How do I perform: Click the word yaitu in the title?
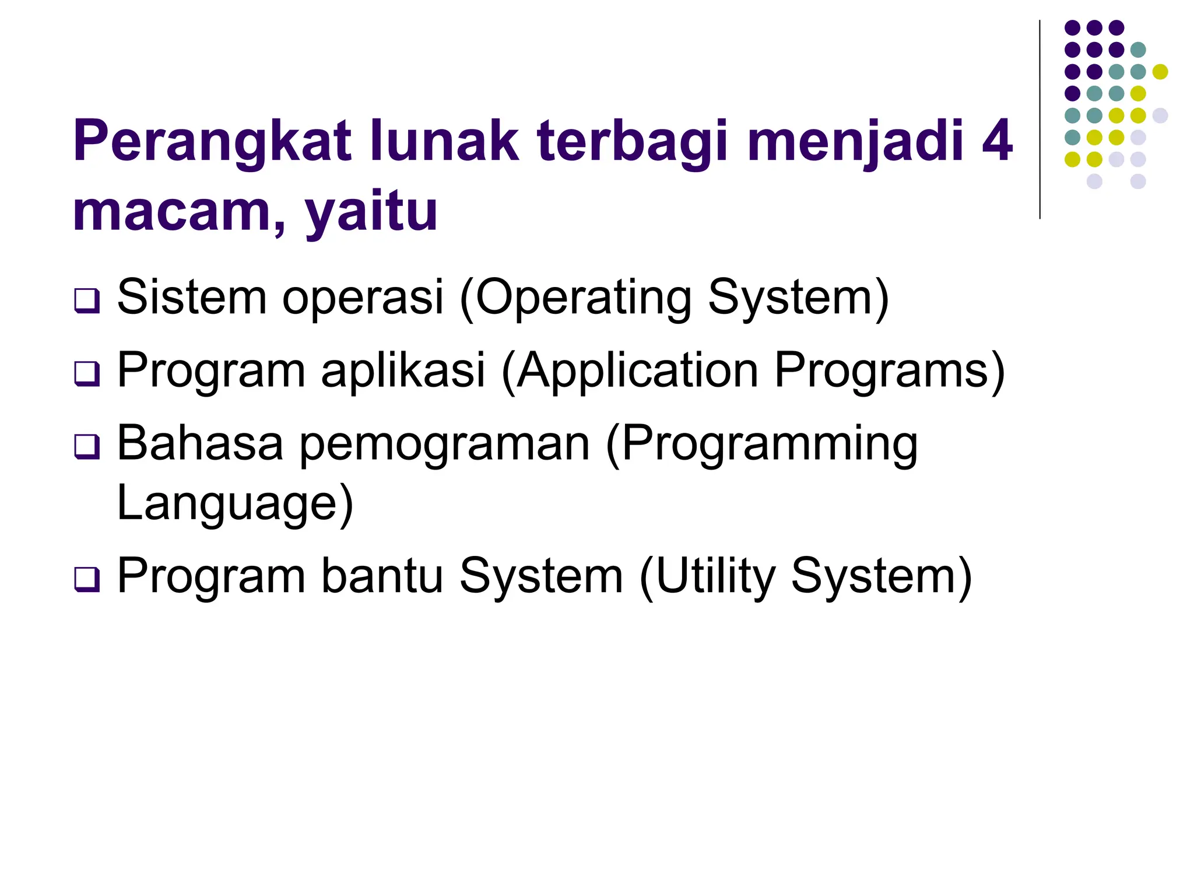tap(371, 212)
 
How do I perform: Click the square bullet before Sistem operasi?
tap(87, 301)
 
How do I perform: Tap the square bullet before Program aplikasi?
tap(87, 374)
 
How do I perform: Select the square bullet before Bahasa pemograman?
tap(87, 447)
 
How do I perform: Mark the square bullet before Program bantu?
tap(87, 579)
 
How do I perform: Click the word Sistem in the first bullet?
tap(192, 297)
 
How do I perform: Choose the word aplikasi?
tap(403, 370)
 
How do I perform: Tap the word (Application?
tap(630, 371)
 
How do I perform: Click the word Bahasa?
tap(200, 443)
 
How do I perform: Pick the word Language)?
tap(235, 503)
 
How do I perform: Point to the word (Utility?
tap(707, 577)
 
